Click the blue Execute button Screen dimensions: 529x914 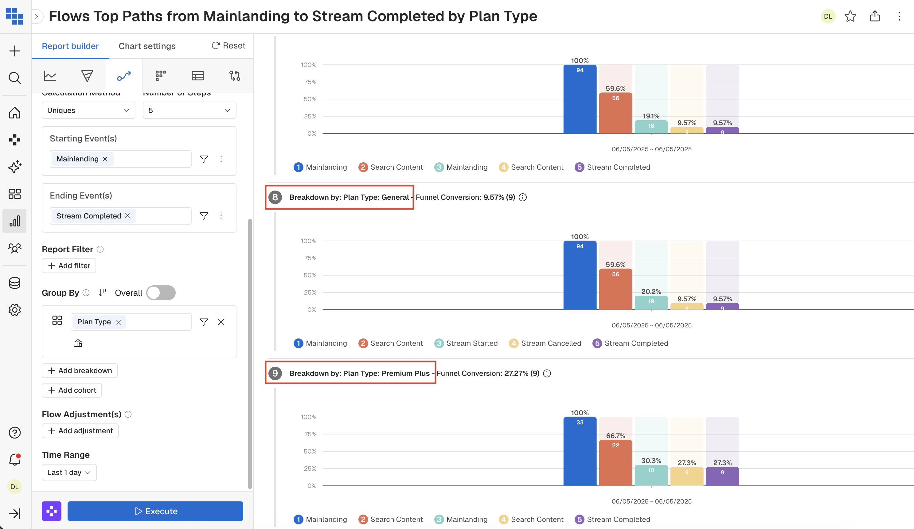pyautogui.click(x=155, y=511)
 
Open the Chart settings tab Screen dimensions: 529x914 pyautogui.click(x=147, y=46)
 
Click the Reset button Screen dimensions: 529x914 pyautogui.click(x=228, y=46)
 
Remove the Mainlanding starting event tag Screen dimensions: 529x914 pyautogui.click(x=105, y=159)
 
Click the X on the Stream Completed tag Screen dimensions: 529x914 pyautogui.click(x=128, y=216)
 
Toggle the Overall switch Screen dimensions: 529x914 pyautogui.click(x=161, y=293)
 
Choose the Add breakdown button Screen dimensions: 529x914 pyautogui.click(x=80, y=370)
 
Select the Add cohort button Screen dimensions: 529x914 pyautogui.click(x=72, y=390)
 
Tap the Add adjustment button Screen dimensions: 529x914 pyautogui.click(x=80, y=431)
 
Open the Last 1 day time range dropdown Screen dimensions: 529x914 pyautogui.click(x=69, y=472)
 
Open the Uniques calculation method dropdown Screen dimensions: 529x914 pyautogui.click(x=88, y=110)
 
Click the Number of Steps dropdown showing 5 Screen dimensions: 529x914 pyautogui.click(x=189, y=110)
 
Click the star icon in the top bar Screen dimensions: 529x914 pyautogui.click(x=850, y=16)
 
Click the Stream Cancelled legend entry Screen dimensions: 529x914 pyautogui.click(x=545, y=343)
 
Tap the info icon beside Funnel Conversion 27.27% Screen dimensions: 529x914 pyautogui.click(x=547, y=373)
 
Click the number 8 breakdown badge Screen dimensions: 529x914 pyautogui.click(x=275, y=197)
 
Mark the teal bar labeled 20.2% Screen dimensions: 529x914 pyautogui.click(x=651, y=303)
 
